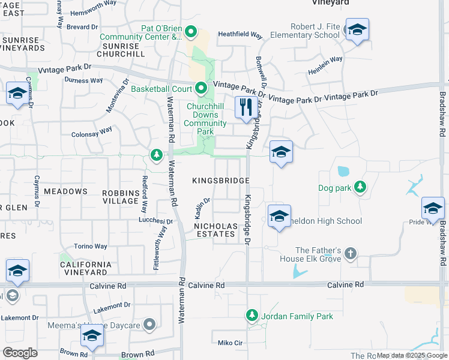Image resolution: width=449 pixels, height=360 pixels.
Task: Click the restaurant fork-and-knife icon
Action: [246, 108]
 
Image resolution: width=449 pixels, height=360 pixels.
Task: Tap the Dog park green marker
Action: [360, 188]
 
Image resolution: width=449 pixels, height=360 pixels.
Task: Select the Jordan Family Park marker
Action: [252, 315]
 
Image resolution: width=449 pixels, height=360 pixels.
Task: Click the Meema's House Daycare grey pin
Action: [149, 326]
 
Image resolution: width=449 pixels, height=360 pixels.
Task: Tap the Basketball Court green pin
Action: [200, 89]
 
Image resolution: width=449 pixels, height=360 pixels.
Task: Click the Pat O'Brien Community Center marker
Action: [191, 31]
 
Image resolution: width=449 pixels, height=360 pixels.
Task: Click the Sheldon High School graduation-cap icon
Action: [279, 217]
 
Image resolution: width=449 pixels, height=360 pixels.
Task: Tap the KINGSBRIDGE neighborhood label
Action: [220, 181]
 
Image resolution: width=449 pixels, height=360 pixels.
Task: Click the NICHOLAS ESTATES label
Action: [215, 230]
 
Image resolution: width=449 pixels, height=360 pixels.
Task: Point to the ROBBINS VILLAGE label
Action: [121, 196]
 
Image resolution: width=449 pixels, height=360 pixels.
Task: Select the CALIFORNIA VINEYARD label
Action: [85, 268]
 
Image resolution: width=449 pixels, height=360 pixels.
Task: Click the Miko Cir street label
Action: [230, 343]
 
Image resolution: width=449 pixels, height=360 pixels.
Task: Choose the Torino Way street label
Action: [91, 246]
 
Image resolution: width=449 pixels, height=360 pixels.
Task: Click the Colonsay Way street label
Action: [92, 132]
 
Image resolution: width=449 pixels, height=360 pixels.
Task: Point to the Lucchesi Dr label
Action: [155, 221]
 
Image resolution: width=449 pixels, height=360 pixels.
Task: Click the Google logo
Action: [20, 353]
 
